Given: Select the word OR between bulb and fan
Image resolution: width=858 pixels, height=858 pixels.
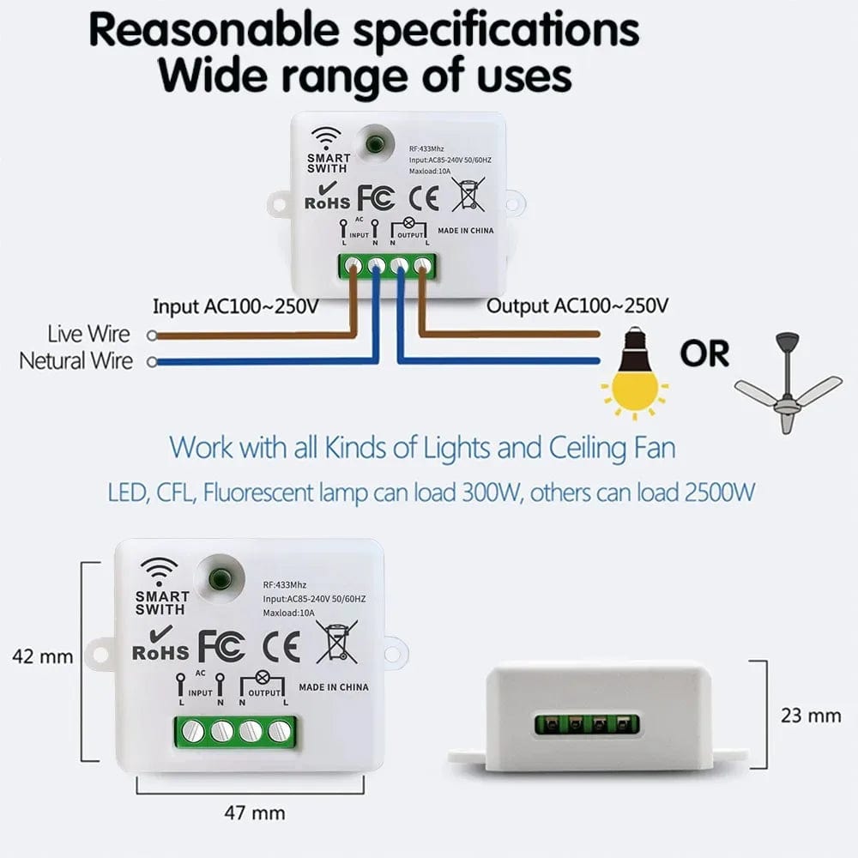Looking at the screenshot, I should pos(704,353).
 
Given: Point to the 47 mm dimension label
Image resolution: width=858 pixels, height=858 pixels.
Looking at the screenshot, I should pos(254,812).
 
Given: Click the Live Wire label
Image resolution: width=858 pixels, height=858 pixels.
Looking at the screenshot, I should pos(89,334).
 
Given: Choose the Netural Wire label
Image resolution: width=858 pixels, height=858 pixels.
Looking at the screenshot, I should pos(76,360).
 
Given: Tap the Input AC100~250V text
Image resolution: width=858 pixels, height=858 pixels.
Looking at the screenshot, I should pos(236,305).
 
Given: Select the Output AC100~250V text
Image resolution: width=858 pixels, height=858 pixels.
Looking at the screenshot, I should pos(578,305).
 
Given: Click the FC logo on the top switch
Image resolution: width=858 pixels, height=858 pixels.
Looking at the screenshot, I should pos(376,196).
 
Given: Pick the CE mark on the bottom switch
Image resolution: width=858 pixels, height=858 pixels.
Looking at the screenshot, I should pos(281,645).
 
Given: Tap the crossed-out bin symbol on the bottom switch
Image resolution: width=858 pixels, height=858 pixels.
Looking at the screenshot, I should pos(336,642).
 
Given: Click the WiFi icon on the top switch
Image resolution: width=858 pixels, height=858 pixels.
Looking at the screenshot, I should pos(326,137).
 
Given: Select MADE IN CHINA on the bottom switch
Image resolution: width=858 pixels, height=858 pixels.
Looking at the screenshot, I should pos(334,687).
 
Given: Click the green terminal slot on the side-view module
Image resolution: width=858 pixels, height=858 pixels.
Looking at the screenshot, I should pos(587,724).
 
